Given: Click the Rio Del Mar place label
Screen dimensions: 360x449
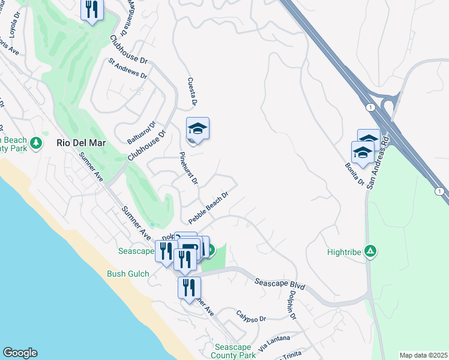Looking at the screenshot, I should (x=80, y=143).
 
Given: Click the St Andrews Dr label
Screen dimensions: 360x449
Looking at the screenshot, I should (x=127, y=68).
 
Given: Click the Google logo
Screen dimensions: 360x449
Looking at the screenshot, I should (x=20, y=353).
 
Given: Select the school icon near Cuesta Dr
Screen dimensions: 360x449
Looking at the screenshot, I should (x=197, y=129).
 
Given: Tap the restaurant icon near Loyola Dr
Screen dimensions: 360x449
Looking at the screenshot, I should (x=92, y=10).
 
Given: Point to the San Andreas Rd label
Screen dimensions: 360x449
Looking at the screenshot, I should (x=379, y=163).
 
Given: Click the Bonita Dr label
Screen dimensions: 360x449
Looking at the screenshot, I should (x=354, y=173).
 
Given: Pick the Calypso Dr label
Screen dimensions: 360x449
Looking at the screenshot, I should (x=250, y=316).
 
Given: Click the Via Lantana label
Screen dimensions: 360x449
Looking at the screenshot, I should (x=274, y=343).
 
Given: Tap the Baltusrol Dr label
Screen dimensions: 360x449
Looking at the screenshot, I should (x=142, y=133).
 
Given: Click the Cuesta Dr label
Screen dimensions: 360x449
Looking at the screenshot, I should (x=193, y=91).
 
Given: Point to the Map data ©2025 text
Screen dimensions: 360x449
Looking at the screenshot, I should (x=423, y=355).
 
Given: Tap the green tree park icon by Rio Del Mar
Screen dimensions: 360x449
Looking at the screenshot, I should (x=37, y=143).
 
